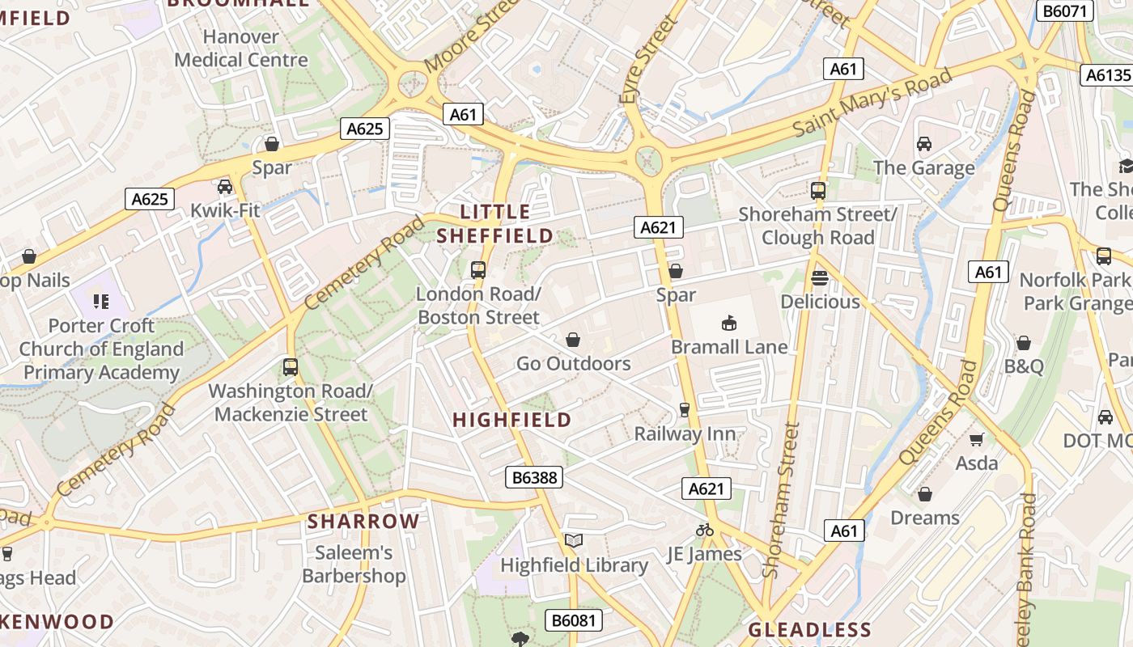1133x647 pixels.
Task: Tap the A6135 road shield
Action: pyautogui.click(x=1107, y=75)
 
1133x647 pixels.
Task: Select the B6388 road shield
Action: pyautogui.click(x=535, y=477)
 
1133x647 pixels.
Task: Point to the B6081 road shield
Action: pyautogui.click(x=573, y=621)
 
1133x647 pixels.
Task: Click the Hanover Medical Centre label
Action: pyautogui.click(x=241, y=49)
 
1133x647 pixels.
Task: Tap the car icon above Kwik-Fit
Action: pyautogui.click(x=225, y=187)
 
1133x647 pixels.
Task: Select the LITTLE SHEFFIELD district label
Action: pyautogui.click(x=495, y=224)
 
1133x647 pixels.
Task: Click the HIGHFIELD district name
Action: pyautogui.click(x=511, y=420)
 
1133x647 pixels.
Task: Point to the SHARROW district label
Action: pyautogui.click(x=363, y=522)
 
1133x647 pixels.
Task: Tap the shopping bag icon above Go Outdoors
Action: pyautogui.click(x=573, y=340)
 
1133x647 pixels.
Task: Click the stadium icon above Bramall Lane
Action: pyautogui.click(x=729, y=323)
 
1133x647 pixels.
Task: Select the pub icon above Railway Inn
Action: pyautogui.click(x=685, y=410)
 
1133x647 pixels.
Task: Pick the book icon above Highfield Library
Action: pyautogui.click(x=574, y=540)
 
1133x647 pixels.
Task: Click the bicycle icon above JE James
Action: pyautogui.click(x=704, y=531)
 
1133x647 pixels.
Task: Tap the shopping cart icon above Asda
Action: pyautogui.click(x=977, y=439)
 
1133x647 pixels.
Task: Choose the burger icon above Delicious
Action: pyautogui.click(x=820, y=278)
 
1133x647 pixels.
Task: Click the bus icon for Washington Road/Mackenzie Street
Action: pyautogui.click(x=291, y=367)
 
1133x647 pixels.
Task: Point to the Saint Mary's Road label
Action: pyautogui.click(x=872, y=104)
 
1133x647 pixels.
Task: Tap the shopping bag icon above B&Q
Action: pyautogui.click(x=1024, y=343)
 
